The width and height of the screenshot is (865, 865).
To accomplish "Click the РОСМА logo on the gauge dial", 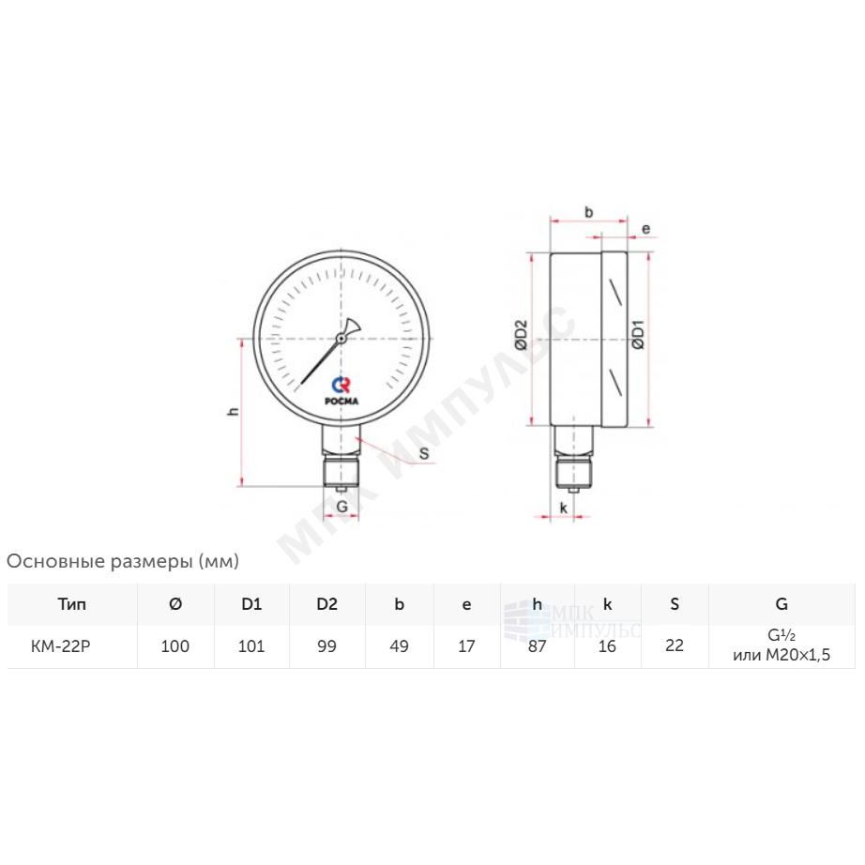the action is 341,391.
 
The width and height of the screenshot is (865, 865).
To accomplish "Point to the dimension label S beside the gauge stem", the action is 424,453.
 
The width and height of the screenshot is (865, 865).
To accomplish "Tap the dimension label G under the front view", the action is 342,507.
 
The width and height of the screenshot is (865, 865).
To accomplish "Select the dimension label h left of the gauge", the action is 234,411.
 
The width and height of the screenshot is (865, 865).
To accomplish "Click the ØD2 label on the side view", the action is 522,335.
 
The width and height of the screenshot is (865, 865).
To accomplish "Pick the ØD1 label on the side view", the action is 638,334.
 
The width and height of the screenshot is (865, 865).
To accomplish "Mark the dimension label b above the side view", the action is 588,212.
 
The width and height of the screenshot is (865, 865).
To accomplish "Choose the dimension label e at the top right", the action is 646,228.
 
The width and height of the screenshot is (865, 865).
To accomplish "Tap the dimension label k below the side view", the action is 563,508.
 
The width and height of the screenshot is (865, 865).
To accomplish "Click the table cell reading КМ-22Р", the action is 61,646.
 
